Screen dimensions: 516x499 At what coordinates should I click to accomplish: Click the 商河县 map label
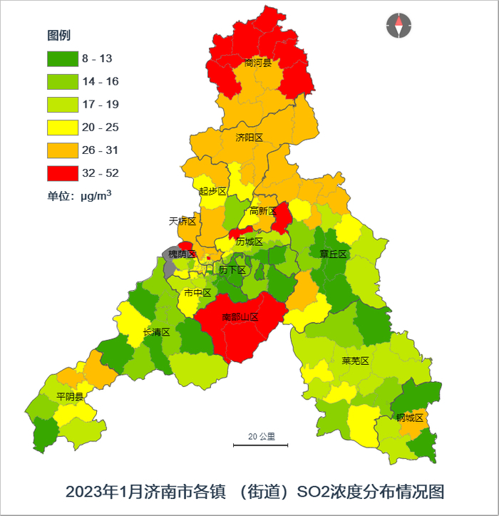pyautogui.click(x=258, y=63)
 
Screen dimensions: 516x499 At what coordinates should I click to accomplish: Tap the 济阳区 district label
pyautogui.click(x=249, y=138)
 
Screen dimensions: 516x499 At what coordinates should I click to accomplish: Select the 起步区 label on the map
pyautogui.click(x=212, y=191)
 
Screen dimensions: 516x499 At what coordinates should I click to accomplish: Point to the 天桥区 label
pyautogui.click(x=182, y=221)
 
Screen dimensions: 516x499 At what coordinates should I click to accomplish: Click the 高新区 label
pyautogui.click(x=262, y=211)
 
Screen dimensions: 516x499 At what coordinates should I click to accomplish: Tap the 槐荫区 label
pyautogui.click(x=182, y=254)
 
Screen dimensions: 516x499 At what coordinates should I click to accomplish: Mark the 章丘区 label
pyautogui.click(x=333, y=254)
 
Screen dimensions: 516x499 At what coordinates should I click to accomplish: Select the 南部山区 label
pyautogui.click(x=240, y=316)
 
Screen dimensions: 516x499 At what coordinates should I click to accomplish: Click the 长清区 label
pyautogui.click(x=156, y=332)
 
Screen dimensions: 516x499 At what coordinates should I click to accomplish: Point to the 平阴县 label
pyautogui.click(x=70, y=397)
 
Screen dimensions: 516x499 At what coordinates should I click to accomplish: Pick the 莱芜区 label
pyautogui.click(x=355, y=361)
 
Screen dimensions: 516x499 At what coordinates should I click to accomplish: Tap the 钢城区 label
pyautogui.click(x=410, y=418)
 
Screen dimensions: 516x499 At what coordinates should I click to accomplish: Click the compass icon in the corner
pyautogui.click(x=398, y=26)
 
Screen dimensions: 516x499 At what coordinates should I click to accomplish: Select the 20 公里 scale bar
pyautogui.click(x=261, y=444)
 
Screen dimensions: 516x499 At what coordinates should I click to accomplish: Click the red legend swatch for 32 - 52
pyautogui.click(x=62, y=173)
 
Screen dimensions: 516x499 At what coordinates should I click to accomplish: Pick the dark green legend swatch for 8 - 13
pyautogui.click(x=62, y=59)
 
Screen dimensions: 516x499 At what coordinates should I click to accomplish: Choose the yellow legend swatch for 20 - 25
pyautogui.click(x=62, y=128)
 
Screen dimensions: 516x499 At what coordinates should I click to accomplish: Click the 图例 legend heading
pyautogui.click(x=58, y=36)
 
